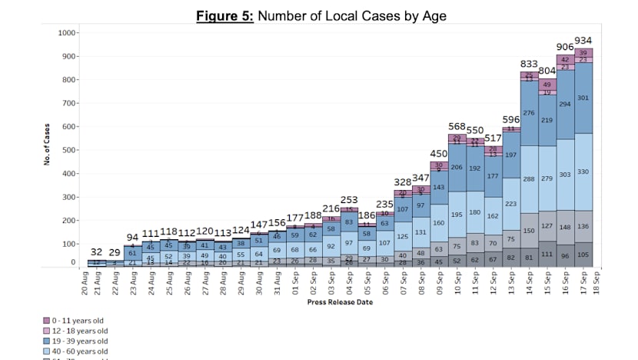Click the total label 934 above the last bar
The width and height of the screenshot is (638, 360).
pos(583,41)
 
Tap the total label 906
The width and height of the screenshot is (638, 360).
pos(565,47)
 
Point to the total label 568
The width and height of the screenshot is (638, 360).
pos(457,127)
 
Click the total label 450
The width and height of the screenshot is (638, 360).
pos(438,154)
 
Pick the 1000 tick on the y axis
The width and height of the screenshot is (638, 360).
pos(68,33)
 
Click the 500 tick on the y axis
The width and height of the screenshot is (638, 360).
pos(71,151)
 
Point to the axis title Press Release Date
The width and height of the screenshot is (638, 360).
pos(340,302)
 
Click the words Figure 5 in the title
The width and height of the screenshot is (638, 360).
pos(225,15)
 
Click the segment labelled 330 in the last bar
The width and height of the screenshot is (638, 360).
pos(583,172)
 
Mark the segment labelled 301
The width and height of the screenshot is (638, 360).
pos(583,98)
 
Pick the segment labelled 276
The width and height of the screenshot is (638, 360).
pos(529,113)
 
